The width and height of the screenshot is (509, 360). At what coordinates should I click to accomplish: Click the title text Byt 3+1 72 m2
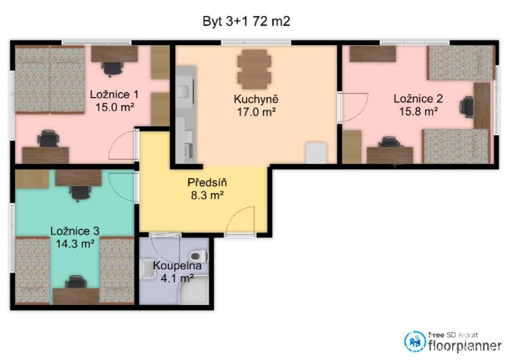click(x=246, y=21)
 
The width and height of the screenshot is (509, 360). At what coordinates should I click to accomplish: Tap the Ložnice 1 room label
click(x=115, y=94)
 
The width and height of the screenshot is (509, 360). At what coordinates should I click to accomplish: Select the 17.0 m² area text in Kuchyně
click(x=257, y=112)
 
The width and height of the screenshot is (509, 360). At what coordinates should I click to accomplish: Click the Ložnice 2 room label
click(x=418, y=99)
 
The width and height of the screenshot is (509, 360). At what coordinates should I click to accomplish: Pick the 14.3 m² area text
click(x=75, y=243)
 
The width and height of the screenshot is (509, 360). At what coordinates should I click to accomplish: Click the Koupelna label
click(x=177, y=266)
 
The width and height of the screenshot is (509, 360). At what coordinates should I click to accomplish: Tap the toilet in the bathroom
click(x=199, y=256)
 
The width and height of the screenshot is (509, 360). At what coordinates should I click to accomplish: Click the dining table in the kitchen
click(x=254, y=69)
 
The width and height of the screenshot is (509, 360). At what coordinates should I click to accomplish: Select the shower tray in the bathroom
click(x=193, y=289)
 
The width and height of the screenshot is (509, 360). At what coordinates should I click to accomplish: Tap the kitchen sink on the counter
click(x=183, y=91)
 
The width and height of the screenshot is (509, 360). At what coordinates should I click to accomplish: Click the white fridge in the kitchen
click(x=316, y=153)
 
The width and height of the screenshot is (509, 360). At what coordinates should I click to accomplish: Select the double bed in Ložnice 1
click(x=50, y=80)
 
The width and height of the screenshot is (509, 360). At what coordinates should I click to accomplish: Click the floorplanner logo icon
click(x=415, y=341)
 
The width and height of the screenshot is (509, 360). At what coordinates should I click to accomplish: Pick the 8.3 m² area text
click(x=207, y=196)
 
